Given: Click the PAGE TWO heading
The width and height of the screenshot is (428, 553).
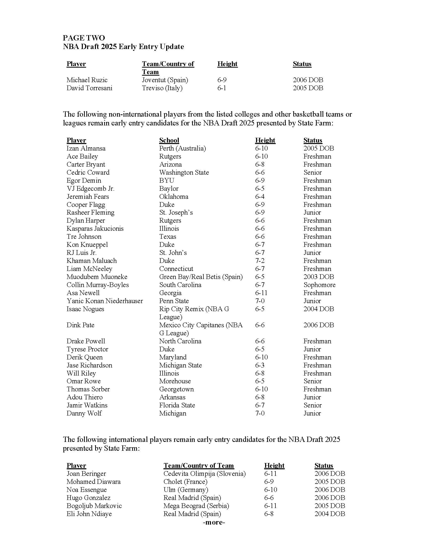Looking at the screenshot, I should pyautogui.click(x=84, y=38).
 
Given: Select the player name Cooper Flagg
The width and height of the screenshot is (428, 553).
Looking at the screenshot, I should pyautogui.click(x=86, y=205).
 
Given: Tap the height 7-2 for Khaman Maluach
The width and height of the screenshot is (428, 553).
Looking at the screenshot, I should pyautogui.click(x=260, y=261).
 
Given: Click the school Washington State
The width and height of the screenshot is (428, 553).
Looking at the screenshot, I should pyautogui.click(x=184, y=172).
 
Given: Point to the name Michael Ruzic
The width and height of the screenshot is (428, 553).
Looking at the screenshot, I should pyautogui.click(x=87, y=80).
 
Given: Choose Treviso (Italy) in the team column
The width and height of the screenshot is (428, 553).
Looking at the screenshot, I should pyautogui.click(x=162, y=88).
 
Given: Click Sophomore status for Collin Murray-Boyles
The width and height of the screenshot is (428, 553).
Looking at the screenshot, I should pyautogui.click(x=319, y=285).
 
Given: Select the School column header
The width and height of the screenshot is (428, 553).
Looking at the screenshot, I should pyautogui.click(x=169, y=140).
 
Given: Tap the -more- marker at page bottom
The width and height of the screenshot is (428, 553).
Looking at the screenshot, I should pyautogui.click(x=214, y=522).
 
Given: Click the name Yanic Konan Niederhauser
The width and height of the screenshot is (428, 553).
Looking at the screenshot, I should pyautogui.click(x=105, y=301).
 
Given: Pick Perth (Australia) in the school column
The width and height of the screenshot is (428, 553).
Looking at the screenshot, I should pyautogui.click(x=182, y=148).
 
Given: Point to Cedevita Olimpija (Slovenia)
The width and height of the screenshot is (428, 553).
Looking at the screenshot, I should pyautogui.click(x=204, y=474).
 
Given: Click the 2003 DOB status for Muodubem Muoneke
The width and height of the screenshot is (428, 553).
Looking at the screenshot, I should pyautogui.click(x=318, y=277).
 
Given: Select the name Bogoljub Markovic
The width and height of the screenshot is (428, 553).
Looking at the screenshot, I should pyautogui.click(x=94, y=506).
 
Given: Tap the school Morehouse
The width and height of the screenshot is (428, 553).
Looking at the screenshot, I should pyautogui.click(x=175, y=381).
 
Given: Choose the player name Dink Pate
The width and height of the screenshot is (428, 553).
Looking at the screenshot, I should pyautogui.click(x=80, y=325).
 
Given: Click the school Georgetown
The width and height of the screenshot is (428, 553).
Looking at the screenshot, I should pyautogui.click(x=176, y=389).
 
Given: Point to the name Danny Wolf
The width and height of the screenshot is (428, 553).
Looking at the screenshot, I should pyautogui.click(x=84, y=413).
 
